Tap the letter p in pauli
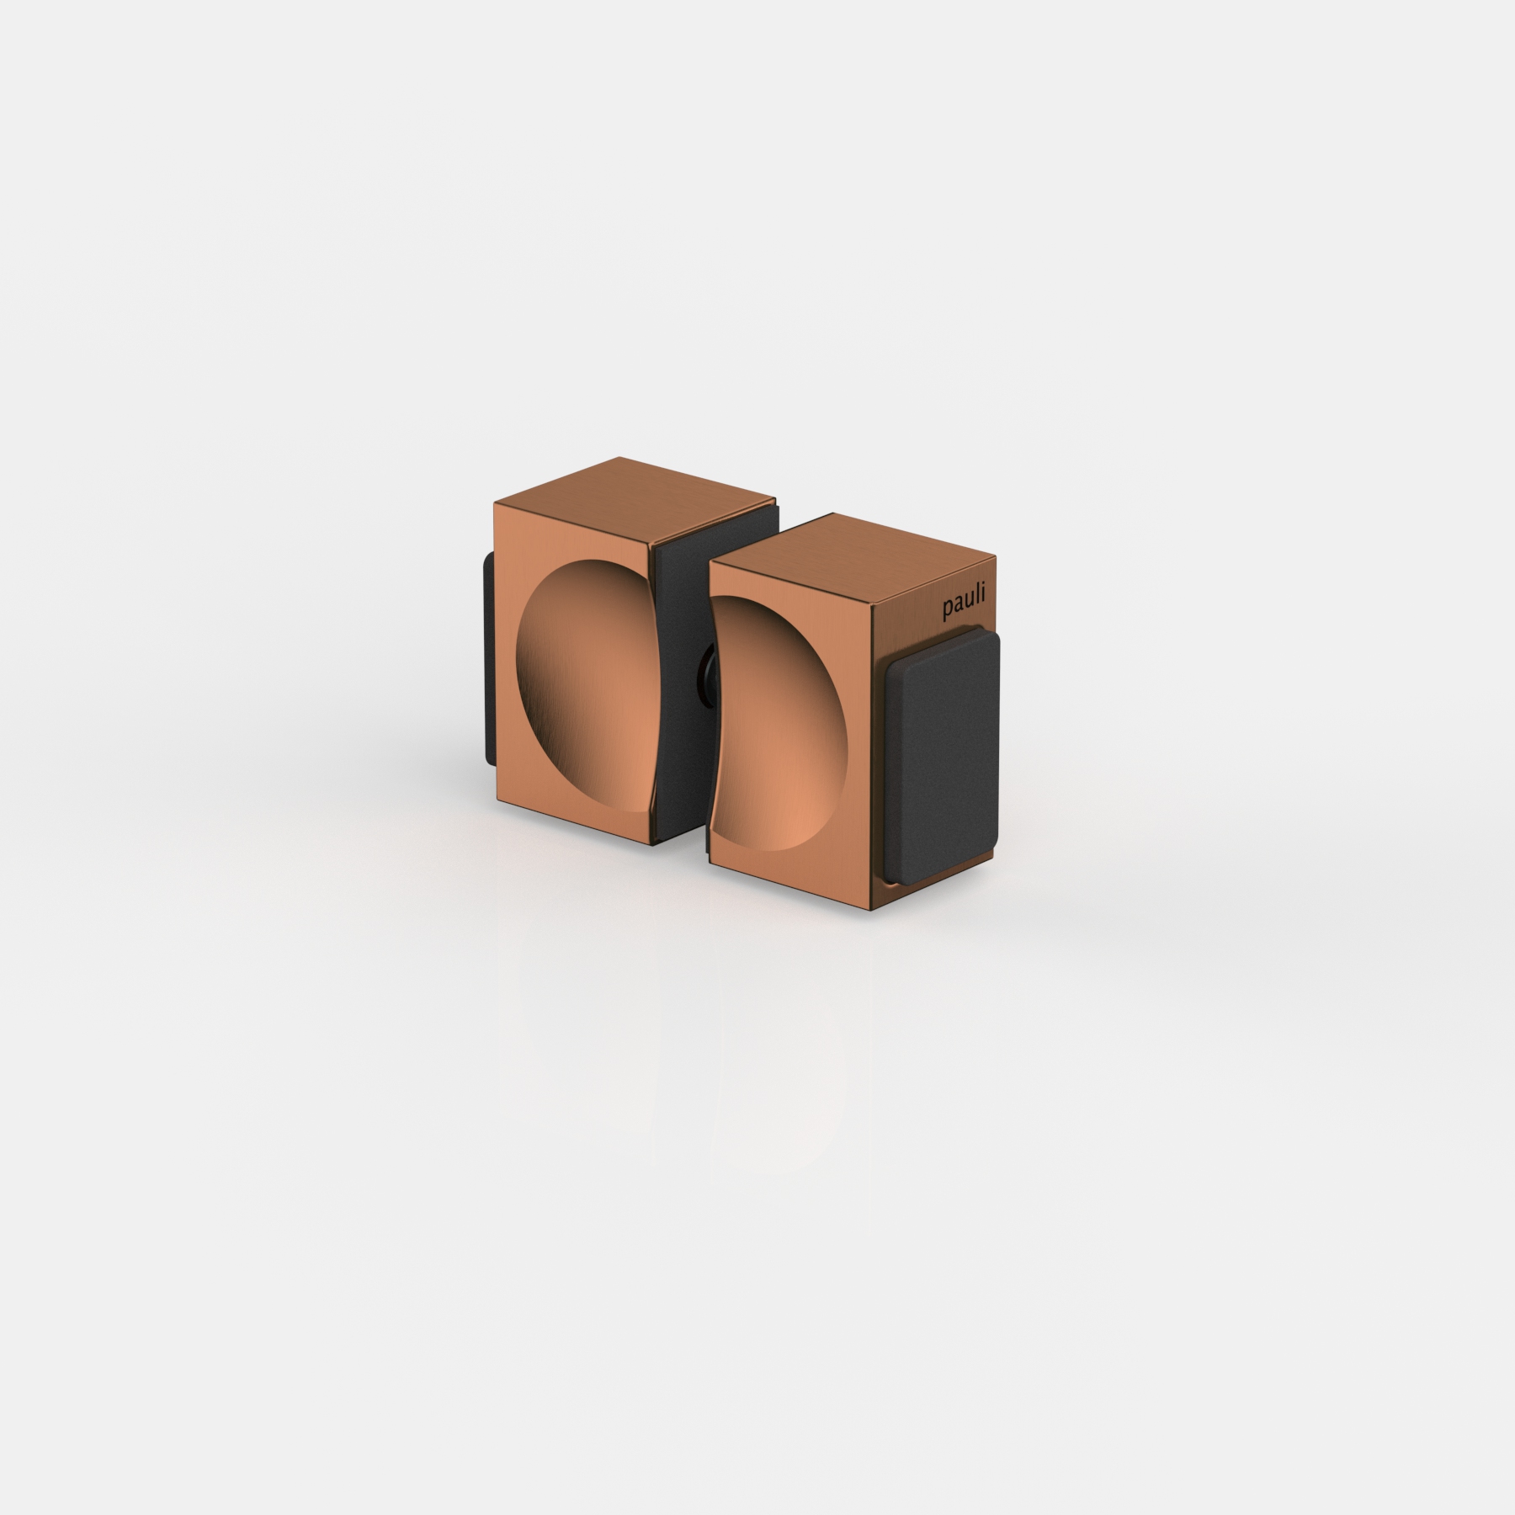(x=947, y=610)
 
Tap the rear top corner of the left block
(x=619, y=458)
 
